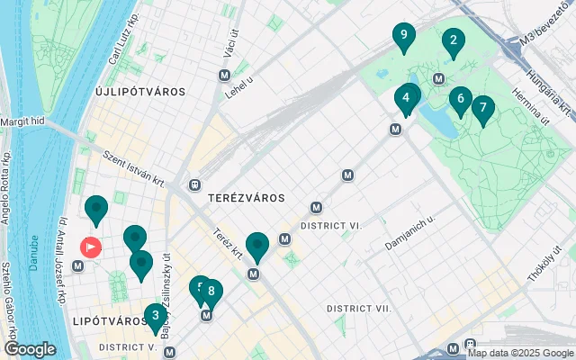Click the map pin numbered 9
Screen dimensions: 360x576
[x=404, y=37]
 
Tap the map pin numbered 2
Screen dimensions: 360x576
[x=453, y=40]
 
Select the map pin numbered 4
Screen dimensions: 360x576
[x=407, y=97]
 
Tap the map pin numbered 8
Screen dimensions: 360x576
[x=211, y=291]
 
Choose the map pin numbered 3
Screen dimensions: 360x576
[x=156, y=316]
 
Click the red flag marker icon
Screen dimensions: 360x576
[x=92, y=246]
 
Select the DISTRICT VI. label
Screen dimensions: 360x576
[x=331, y=226]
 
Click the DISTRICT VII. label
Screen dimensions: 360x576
[x=359, y=309]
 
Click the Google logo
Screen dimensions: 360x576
[x=30, y=348]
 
